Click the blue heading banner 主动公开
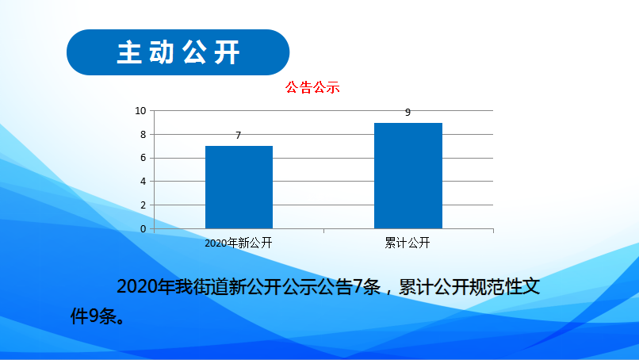point(178,52)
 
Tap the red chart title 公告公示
point(312,88)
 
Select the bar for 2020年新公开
point(239,187)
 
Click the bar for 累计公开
point(408,176)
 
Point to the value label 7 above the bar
point(239,136)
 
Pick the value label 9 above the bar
point(408,113)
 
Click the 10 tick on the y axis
point(140,111)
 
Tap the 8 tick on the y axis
point(143,135)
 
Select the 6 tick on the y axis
point(143,158)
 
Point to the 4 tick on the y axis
point(143,182)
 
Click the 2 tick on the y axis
point(143,205)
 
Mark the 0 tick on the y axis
point(143,229)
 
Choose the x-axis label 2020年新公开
point(239,243)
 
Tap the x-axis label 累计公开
point(408,243)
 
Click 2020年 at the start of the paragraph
point(146,286)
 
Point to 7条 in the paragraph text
point(367,286)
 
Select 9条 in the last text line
point(103,316)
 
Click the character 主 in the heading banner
point(129,52)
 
